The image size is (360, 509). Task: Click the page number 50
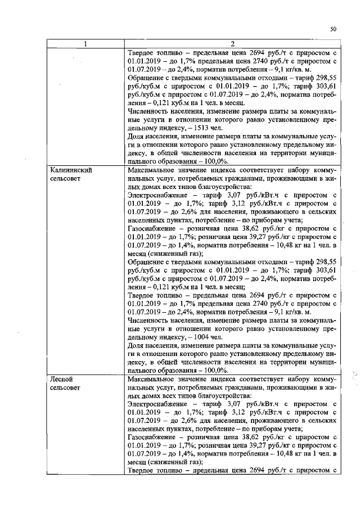[x=333, y=29]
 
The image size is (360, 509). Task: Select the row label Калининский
[x=70, y=169]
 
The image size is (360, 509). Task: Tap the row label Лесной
[x=61, y=380]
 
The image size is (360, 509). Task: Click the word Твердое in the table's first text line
[x=142, y=53]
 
